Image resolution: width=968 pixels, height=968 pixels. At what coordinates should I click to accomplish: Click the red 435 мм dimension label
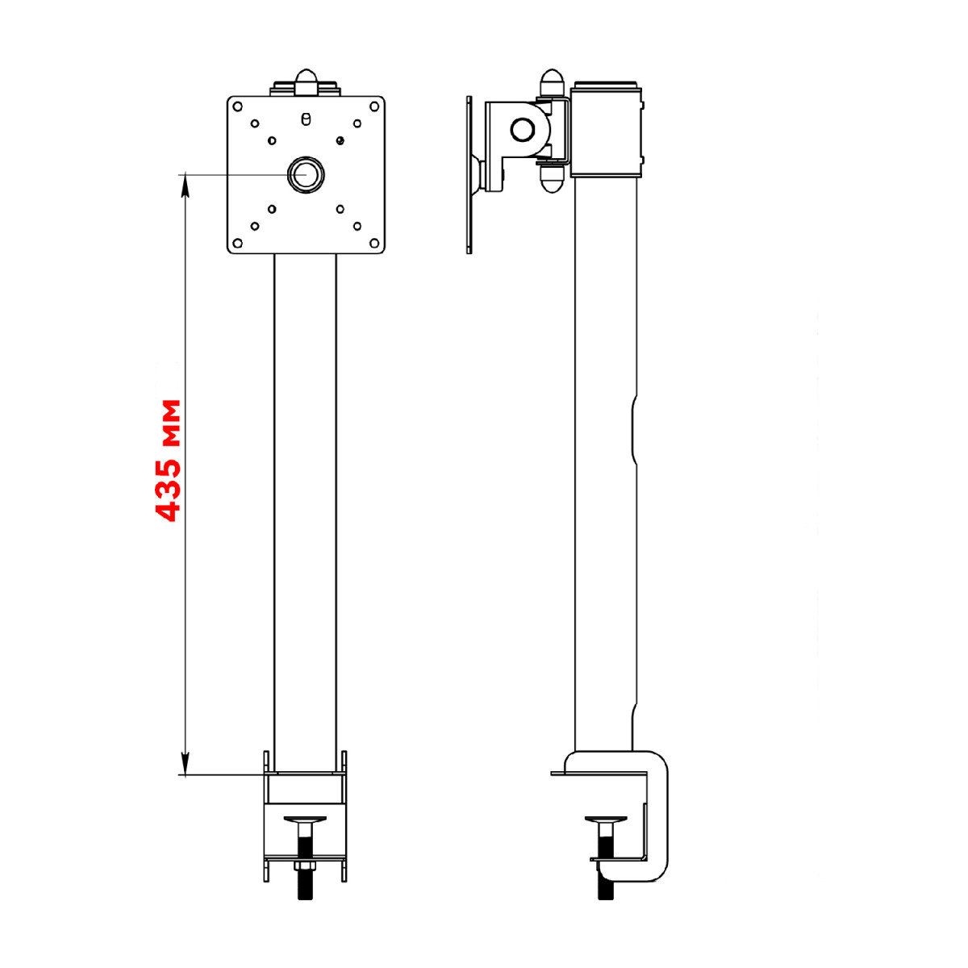coord(167,461)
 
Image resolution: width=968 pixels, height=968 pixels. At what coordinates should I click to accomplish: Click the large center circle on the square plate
coord(306,174)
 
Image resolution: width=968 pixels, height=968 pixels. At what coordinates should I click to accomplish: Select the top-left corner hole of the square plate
coord(238,106)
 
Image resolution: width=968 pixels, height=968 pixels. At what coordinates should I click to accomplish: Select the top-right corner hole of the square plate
coord(373,106)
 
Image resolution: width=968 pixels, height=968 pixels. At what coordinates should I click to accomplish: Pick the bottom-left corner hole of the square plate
coord(238,243)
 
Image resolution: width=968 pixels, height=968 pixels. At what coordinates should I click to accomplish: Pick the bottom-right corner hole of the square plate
coord(373,243)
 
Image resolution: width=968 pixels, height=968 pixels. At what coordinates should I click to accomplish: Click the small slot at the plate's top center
coord(306,119)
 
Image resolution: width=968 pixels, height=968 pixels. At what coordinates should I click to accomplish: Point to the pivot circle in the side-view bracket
coord(522,130)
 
